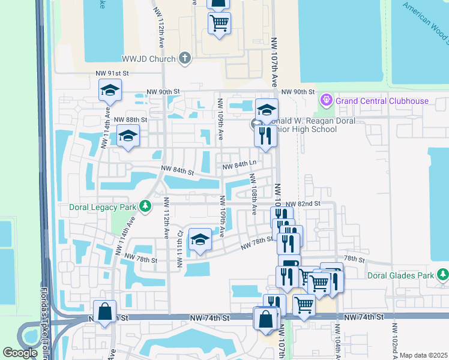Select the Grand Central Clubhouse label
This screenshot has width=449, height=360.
(x=382, y=101)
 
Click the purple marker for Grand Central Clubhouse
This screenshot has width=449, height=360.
(x=327, y=99)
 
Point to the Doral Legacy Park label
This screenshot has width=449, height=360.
(x=100, y=206)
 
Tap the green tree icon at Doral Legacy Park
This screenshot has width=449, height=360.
(x=145, y=206)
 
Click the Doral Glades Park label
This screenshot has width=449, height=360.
(x=401, y=275)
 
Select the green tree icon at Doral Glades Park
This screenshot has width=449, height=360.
(x=442, y=275)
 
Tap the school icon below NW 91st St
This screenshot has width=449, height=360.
(x=110, y=90)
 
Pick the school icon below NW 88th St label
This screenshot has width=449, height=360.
(x=128, y=137)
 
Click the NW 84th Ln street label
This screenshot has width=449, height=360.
(x=240, y=165)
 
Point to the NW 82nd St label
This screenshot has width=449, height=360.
(x=303, y=204)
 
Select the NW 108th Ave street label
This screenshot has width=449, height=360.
(x=255, y=194)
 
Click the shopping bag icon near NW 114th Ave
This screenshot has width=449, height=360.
(x=105, y=312)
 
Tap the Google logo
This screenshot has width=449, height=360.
(x=20, y=353)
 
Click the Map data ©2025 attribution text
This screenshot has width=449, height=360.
(x=423, y=355)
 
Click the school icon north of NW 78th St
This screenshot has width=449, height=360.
(x=200, y=240)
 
